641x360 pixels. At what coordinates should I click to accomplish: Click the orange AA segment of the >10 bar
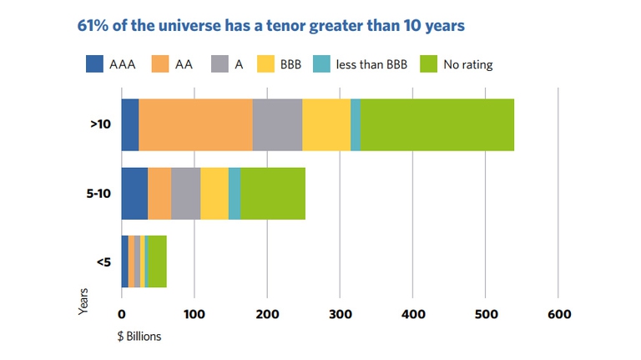tap(195, 124)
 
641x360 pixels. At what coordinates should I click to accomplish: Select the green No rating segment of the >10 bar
tap(437, 124)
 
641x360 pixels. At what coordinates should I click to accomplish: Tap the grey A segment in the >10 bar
tap(277, 124)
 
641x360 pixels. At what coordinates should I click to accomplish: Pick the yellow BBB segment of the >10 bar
tap(326, 124)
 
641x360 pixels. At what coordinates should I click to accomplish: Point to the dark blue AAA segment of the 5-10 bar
tap(134, 194)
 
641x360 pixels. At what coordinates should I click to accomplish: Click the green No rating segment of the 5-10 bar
tap(273, 194)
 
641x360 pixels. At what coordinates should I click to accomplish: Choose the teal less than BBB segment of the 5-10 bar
tap(235, 194)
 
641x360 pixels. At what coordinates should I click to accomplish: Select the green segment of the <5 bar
tap(156, 262)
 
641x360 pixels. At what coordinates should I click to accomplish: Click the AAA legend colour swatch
tap(95, 63)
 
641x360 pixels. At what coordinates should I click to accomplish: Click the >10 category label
tap(101, 125)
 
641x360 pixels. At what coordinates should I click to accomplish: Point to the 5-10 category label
tap(98, 194)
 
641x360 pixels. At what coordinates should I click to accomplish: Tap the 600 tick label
tap(558, 315)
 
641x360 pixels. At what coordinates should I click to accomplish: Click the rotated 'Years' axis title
tap(83, 302)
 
